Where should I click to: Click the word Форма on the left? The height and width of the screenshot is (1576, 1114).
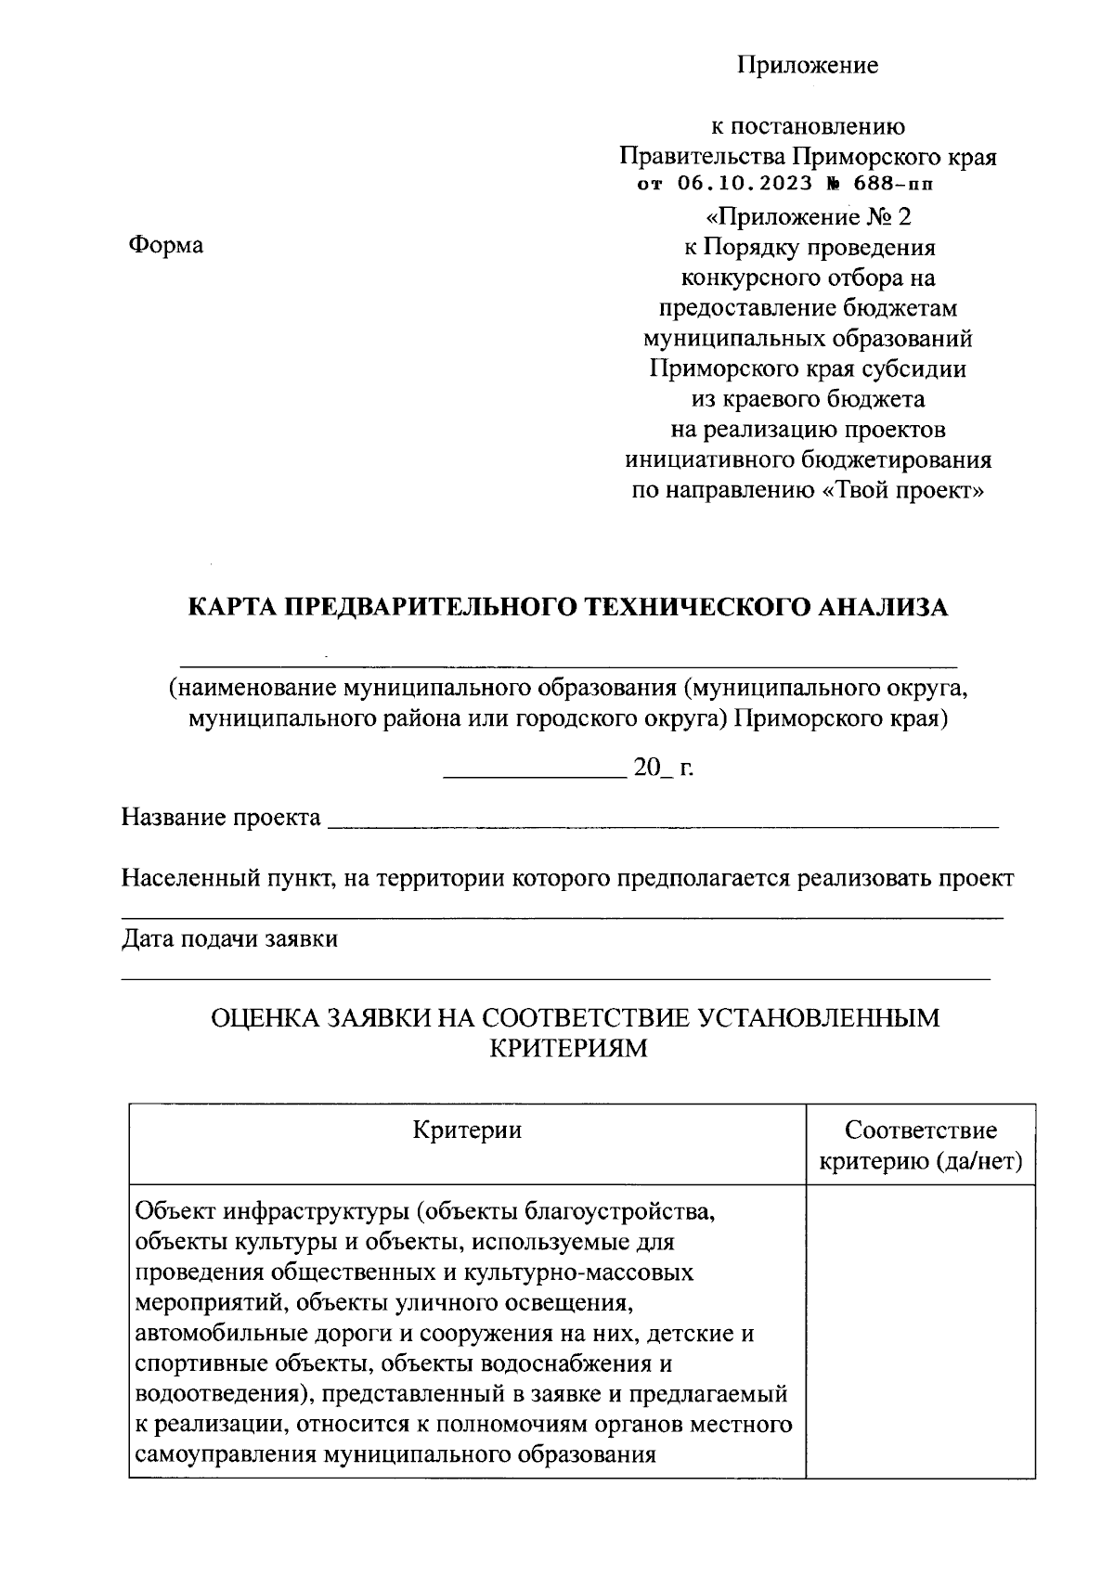tap(165, 245)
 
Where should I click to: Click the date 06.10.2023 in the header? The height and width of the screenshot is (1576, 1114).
tap(739, 183)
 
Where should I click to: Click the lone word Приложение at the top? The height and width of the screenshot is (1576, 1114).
tap(808, 65)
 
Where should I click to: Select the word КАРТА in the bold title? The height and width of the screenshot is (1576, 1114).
tap(232, 607)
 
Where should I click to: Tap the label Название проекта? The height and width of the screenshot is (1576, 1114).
tap(221, 818)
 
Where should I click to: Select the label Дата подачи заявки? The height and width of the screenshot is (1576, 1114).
tap(229, 938)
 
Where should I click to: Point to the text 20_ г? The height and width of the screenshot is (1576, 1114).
tap(663, 769)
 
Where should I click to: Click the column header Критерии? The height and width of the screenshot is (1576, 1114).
tap(467, 1130)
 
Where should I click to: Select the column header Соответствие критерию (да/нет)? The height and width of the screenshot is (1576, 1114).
tap(921, 1145)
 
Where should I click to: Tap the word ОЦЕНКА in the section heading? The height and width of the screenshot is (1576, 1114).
tap(263, 1018)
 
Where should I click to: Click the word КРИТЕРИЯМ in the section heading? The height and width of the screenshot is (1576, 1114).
tap(566, 1049)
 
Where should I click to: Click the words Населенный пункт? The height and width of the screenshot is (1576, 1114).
tap(228, 879)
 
